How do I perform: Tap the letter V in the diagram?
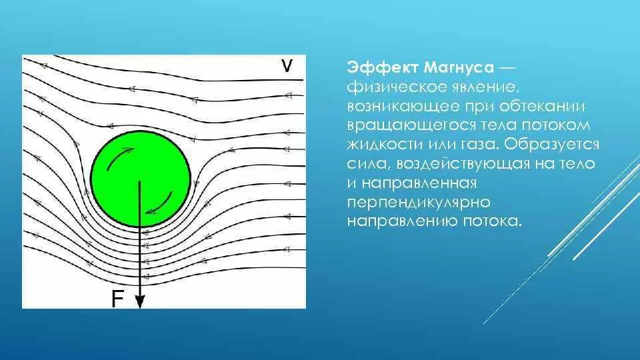(x=287, y=65)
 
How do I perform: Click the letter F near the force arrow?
(x=117, y=300)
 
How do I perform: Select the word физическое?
(x=395, y=87)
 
